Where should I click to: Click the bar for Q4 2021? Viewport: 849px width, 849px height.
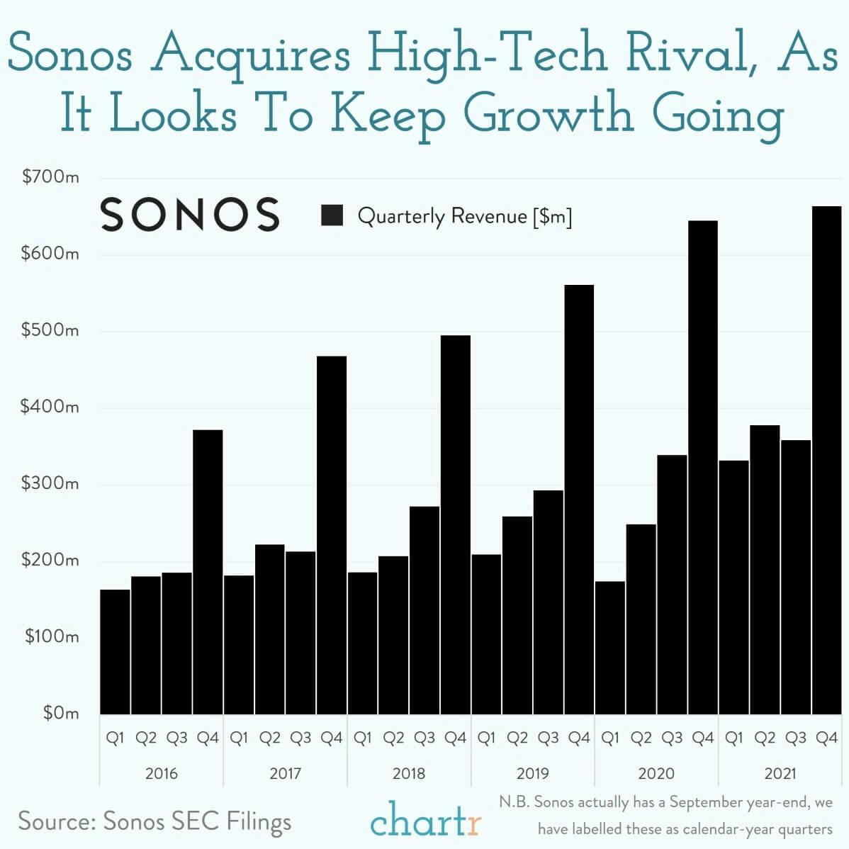[826, 461]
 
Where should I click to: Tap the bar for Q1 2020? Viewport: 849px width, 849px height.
[610, 648]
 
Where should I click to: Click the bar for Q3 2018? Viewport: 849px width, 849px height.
[425, 610]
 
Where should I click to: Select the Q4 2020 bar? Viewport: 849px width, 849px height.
[702, 468]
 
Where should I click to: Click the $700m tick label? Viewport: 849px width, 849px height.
[50, 177]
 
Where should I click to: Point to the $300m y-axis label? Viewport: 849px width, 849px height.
[50, 484]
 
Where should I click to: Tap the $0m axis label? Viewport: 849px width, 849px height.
[60, 713]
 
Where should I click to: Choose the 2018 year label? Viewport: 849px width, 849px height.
[409, 773]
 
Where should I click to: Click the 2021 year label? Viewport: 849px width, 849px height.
[780, 773]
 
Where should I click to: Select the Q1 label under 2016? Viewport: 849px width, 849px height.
[115, 738]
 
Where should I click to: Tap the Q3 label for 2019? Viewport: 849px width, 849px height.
[548, 738]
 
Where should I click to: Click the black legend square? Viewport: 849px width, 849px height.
[332, 215]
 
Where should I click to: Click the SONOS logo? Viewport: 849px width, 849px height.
[190, 215]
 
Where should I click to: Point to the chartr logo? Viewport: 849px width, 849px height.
[425, 821]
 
